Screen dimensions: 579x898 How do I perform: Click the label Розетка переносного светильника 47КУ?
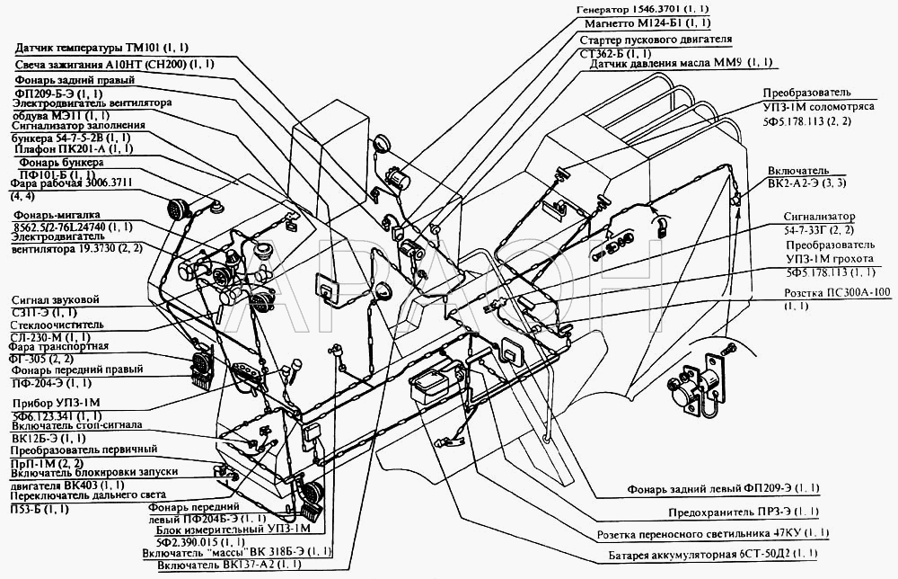point(714,533)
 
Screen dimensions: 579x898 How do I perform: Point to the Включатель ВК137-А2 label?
point(227,565)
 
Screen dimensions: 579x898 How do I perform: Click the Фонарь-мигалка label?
point(55,216)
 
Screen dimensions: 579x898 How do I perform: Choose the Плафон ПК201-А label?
point(72,148)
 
